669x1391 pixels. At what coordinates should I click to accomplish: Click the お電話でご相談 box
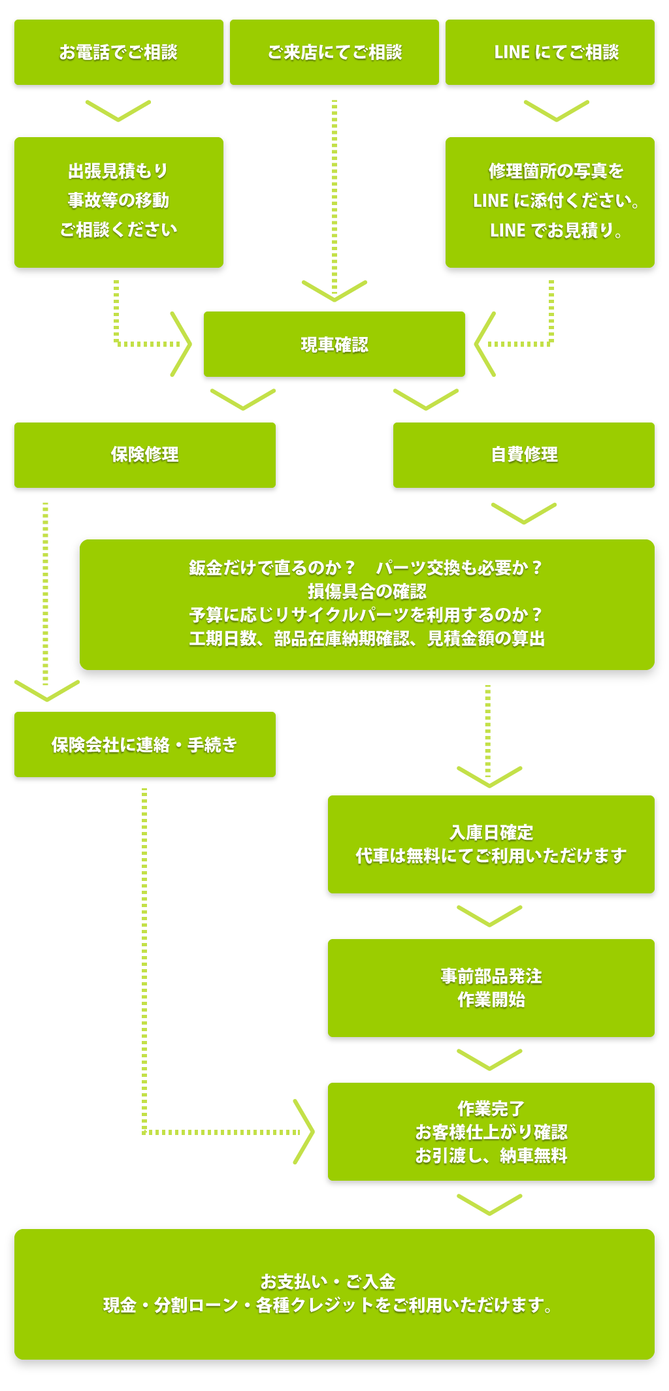point(118,52)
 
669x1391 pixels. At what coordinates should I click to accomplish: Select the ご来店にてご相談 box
point(334,52)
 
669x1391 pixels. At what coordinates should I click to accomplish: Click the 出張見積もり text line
point(118,171)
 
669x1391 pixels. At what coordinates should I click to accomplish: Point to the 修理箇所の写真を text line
point(555,171)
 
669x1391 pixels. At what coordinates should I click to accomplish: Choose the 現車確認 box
point(334,344)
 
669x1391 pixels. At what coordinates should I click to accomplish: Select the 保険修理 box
point(144,455)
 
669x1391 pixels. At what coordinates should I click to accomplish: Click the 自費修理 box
point(523,455)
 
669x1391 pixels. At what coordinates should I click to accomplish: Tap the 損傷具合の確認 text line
point(367,592)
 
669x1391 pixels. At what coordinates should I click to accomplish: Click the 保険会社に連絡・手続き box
point(144,744)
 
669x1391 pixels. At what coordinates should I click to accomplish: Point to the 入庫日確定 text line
point(491,833)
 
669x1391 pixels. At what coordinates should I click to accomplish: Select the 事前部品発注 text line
point(491,976)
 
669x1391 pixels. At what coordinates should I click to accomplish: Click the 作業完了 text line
point(491,1108)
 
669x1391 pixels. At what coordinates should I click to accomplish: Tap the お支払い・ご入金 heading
point(327,1281)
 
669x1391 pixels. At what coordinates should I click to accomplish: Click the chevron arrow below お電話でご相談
point(118,110)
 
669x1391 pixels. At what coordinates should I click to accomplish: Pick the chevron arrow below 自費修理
point(523,513)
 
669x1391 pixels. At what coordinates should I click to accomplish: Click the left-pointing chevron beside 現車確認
point(484,344)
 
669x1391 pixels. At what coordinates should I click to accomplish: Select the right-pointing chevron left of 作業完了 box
point(304,1132)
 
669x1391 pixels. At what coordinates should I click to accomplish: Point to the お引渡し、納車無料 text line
point(491,1155)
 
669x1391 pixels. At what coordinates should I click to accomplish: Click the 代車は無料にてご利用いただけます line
point(491,855)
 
